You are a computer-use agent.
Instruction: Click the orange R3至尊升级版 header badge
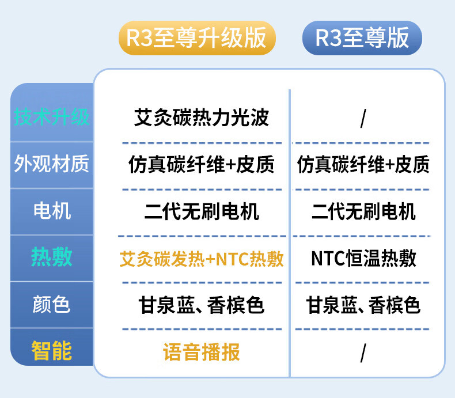[197, 37]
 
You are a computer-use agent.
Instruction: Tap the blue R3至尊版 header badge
[362, 37]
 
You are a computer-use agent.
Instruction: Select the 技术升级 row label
[51, 117]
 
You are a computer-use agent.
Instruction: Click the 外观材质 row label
[51, 164]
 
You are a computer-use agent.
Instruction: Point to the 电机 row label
[52, 211]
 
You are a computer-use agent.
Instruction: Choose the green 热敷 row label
[52, 257]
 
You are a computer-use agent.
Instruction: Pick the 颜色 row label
[51, 304]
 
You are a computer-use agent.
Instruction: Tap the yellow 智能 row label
[52, 350]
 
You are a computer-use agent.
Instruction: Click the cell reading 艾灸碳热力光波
[202, 117]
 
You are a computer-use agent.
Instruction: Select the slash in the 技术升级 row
[363, 118]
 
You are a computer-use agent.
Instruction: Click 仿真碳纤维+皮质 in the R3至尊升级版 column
[202, 164]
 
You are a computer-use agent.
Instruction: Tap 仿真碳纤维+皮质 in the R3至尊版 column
[363, 164]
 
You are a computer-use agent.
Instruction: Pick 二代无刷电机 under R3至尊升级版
[202, 211]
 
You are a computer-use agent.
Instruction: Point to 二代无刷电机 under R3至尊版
[363, 211]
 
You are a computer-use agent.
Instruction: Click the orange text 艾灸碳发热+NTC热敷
[202, 259]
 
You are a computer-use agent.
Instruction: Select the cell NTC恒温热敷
[363, 258]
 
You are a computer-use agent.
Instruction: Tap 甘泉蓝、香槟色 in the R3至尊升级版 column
[202, 305]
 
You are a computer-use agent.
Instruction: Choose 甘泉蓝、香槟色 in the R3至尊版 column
[363, 305]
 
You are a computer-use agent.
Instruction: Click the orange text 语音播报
[202, 352]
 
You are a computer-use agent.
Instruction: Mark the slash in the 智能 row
[363, 352]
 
